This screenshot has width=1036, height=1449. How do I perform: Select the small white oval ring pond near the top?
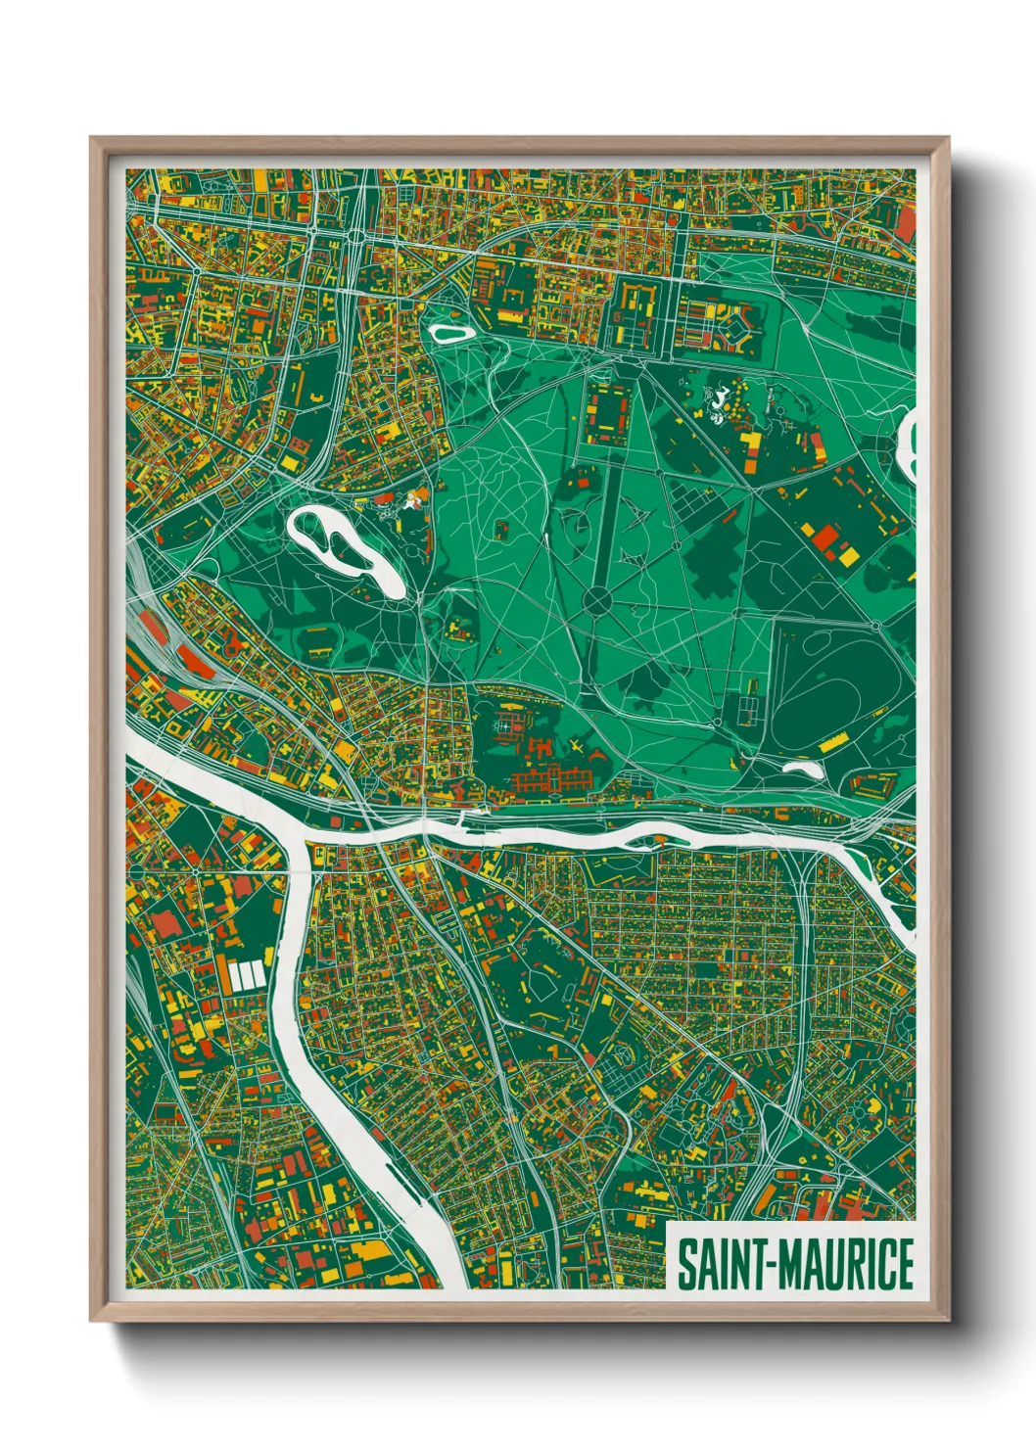click(x=450, y=333)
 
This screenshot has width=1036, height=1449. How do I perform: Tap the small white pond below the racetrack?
click(x=804, y=770)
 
